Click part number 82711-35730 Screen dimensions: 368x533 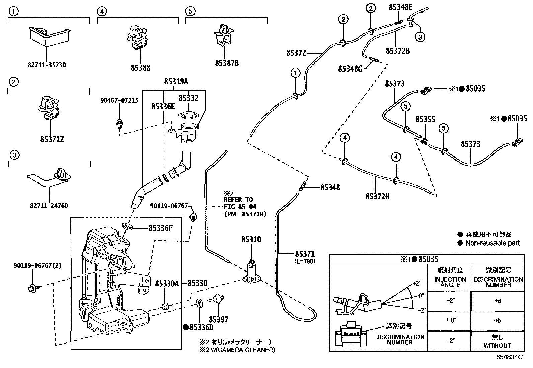(x=47, y=65)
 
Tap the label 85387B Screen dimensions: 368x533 (x=227, y=63)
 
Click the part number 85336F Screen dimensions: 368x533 (x=160, y=228)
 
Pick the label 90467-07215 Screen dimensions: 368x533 (x=119, y=100)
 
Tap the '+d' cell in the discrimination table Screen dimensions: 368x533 (x=498, y=301)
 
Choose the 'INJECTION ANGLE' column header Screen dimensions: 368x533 (x=450, y=282)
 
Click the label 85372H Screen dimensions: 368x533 (x=377, y=196)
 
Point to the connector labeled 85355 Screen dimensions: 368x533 (x=424, y=141)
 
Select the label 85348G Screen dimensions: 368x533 (x=350, y=69)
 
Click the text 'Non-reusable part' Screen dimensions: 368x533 (x=492, y=243)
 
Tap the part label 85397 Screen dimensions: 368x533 (x=218, y=319)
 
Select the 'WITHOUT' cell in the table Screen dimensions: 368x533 (x=498, y=345)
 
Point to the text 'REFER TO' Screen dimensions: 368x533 (x=239, y=199)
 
